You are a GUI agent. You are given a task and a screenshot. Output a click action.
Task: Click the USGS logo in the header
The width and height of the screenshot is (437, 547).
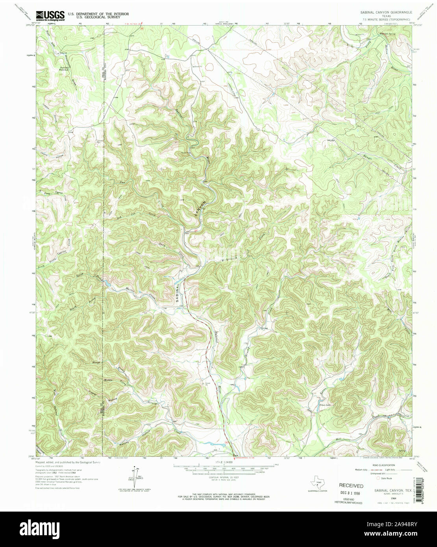tap(50, 16)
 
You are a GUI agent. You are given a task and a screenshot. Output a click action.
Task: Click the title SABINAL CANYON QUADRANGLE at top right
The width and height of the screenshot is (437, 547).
tap(386, 13)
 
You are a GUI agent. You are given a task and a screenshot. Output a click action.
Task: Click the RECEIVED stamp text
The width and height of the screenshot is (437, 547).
tap(351, 486)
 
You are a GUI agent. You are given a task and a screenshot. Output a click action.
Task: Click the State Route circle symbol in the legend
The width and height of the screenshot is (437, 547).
tap(378, 479)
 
